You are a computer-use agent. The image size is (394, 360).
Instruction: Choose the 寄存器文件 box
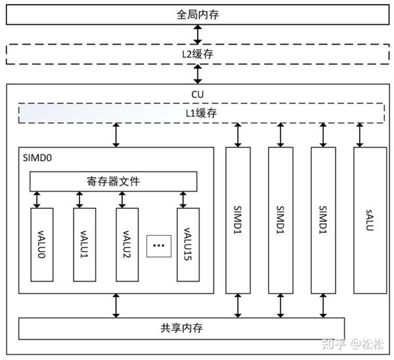click(113, 181)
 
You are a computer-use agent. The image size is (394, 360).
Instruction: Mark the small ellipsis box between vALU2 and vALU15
click(158, 246)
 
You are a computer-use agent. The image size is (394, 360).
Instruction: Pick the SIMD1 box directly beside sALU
click(323, 219)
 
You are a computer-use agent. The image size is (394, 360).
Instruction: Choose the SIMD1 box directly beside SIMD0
click(238, 219)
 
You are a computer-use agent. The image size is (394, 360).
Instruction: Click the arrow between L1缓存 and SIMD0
click(117, 134)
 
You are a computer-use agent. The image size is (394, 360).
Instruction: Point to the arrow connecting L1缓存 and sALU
click(361, 134)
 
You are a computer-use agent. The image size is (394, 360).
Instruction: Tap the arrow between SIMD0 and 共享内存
click(117, 305)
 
